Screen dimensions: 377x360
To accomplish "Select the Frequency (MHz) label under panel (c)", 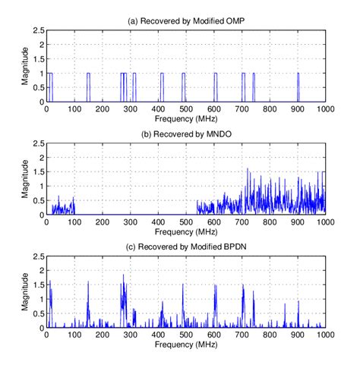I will [186, 345].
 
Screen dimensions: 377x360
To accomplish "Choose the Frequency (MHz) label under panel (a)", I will [186, 119].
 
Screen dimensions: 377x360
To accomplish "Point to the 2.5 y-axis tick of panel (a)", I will [36, 30].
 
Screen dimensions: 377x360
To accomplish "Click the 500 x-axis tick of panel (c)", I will [186, 336].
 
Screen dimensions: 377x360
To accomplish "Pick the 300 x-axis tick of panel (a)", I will [130, 110].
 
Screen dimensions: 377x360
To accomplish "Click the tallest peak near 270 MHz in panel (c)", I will [123, 276].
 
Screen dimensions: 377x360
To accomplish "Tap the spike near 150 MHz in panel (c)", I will [88, 284].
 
